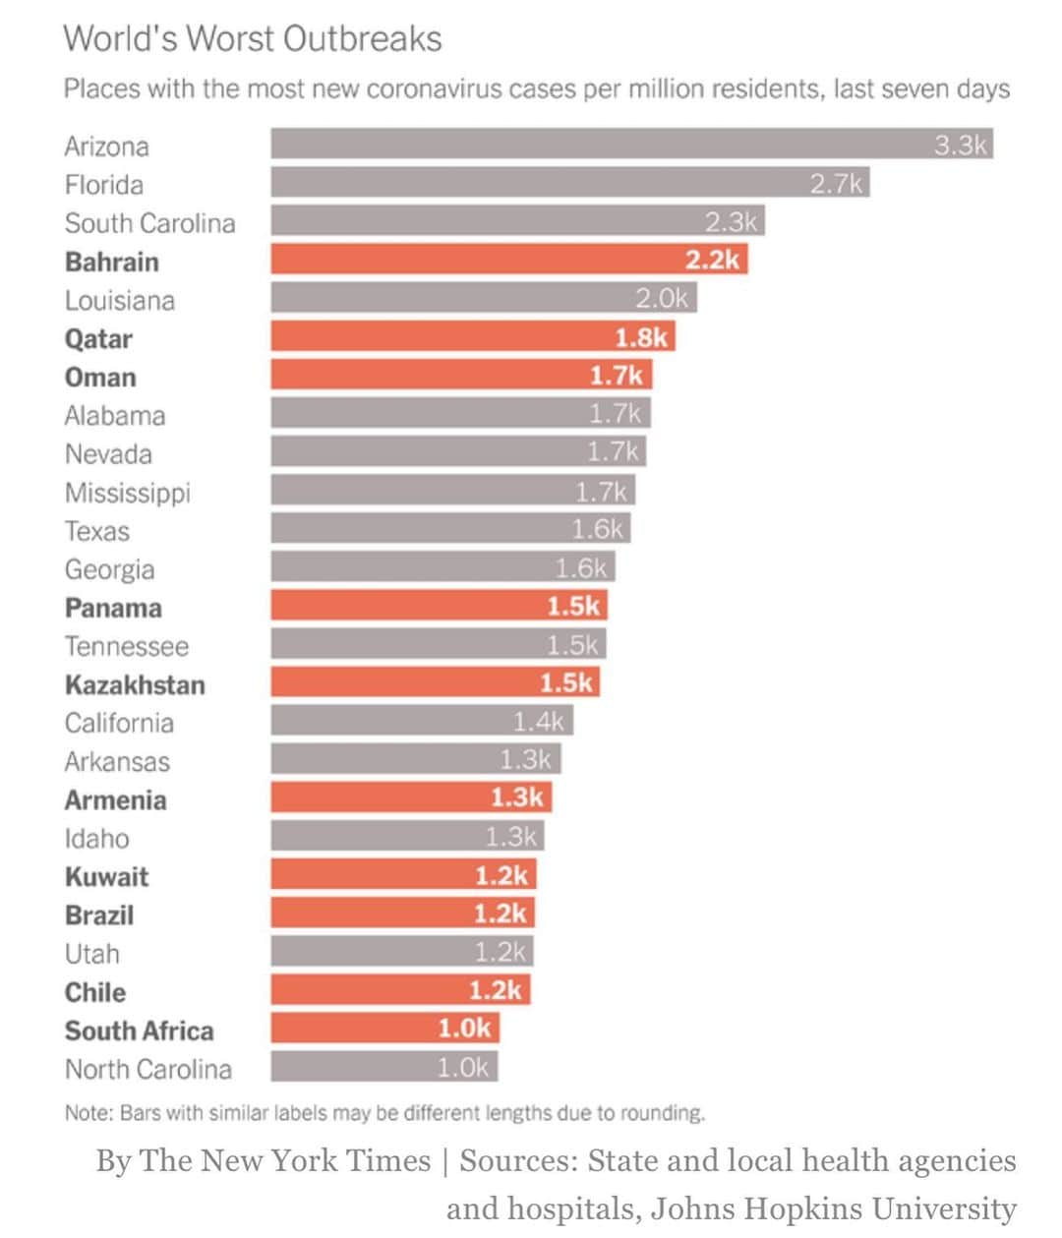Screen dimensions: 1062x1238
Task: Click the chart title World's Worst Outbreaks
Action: point(252,39)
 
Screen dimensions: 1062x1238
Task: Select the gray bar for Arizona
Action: point(631,144)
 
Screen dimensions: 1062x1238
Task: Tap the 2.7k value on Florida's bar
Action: point(836,184)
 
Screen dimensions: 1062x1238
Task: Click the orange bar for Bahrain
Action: point(509,259)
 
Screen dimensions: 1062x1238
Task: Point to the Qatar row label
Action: point(98,339)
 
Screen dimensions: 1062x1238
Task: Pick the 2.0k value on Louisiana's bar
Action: point(661,298)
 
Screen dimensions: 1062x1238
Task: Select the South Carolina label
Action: point(149,223)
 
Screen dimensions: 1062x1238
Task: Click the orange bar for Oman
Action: point(461,375)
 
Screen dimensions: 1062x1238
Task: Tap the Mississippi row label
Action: point(128,493)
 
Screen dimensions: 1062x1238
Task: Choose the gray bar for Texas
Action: point(450,528)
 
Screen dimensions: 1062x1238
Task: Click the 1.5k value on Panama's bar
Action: point(572,606)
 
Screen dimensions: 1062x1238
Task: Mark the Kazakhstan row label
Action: point(135,684)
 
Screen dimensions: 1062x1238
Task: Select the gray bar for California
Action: point(422,720)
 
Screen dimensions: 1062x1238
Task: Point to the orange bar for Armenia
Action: point(411,796)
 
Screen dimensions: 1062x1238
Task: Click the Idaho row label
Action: point(97,838)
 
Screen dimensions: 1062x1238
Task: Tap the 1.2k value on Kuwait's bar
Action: point(501,875)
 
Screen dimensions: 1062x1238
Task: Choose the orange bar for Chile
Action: point(400,989)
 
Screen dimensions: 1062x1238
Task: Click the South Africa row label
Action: point(139,1031)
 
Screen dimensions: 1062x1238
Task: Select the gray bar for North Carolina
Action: point(383,1066)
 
